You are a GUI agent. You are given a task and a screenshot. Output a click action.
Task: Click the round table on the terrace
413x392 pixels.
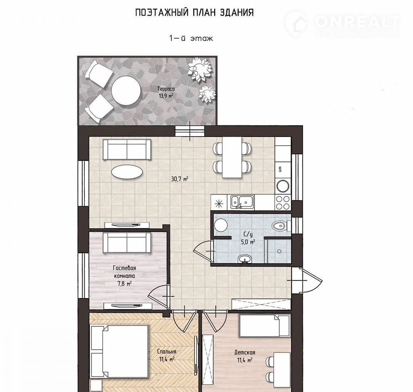tap(126, 90)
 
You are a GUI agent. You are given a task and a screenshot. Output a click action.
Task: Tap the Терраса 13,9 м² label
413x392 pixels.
tap(166, 92)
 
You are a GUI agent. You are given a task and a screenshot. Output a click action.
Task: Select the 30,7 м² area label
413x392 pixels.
tap(180, 179)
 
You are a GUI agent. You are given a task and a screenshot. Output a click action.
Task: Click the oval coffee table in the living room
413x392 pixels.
tap(127, 172)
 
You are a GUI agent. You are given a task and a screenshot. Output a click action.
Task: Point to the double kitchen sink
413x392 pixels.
tap(242, 202)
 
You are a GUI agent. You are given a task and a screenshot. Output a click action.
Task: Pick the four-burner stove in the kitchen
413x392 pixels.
tap(283, 202)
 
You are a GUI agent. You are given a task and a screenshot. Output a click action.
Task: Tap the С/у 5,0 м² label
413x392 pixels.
tap(248, 238)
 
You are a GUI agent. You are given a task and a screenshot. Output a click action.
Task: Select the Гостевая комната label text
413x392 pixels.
tap(124, 272)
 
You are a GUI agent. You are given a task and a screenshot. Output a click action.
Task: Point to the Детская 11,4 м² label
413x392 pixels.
tap(244, 356)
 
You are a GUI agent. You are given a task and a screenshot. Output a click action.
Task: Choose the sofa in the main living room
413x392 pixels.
tap(127, 149)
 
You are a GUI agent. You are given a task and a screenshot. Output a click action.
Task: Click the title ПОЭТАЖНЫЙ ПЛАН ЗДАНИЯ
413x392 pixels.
tap(194, 12)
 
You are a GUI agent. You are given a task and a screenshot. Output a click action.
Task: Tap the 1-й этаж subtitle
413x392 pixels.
tap(191, 38)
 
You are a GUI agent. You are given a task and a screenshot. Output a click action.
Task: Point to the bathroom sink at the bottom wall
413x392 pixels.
tap(245, 258)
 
